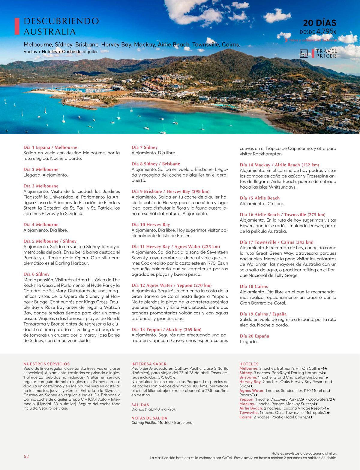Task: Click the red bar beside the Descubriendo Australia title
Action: tap(17, 26)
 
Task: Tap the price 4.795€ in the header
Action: tap(326, 32)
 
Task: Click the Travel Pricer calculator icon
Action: tap(304, 54)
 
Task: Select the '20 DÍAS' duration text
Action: tap(319, 23)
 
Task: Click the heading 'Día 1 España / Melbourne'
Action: tap(50, 147)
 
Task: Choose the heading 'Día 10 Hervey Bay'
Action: tap(151, 225)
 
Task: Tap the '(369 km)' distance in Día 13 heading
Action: tap(192, 329)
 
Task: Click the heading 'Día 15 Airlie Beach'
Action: tap(259, 198)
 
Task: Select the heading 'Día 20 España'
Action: tap(254, 336)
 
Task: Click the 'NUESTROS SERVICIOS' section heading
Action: tap(46, 364)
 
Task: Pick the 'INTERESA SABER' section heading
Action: tap(149, 364)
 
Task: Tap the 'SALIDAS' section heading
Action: tap(140, 405)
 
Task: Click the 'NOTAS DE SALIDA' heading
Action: tap(149, 418)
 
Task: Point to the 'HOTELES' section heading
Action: tap(249, 364)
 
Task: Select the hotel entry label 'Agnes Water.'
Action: tap(251, 391)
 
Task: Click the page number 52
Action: tap(26, 456)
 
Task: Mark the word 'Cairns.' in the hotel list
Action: tap(246, 417)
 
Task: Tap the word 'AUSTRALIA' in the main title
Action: tap(49, 32)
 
